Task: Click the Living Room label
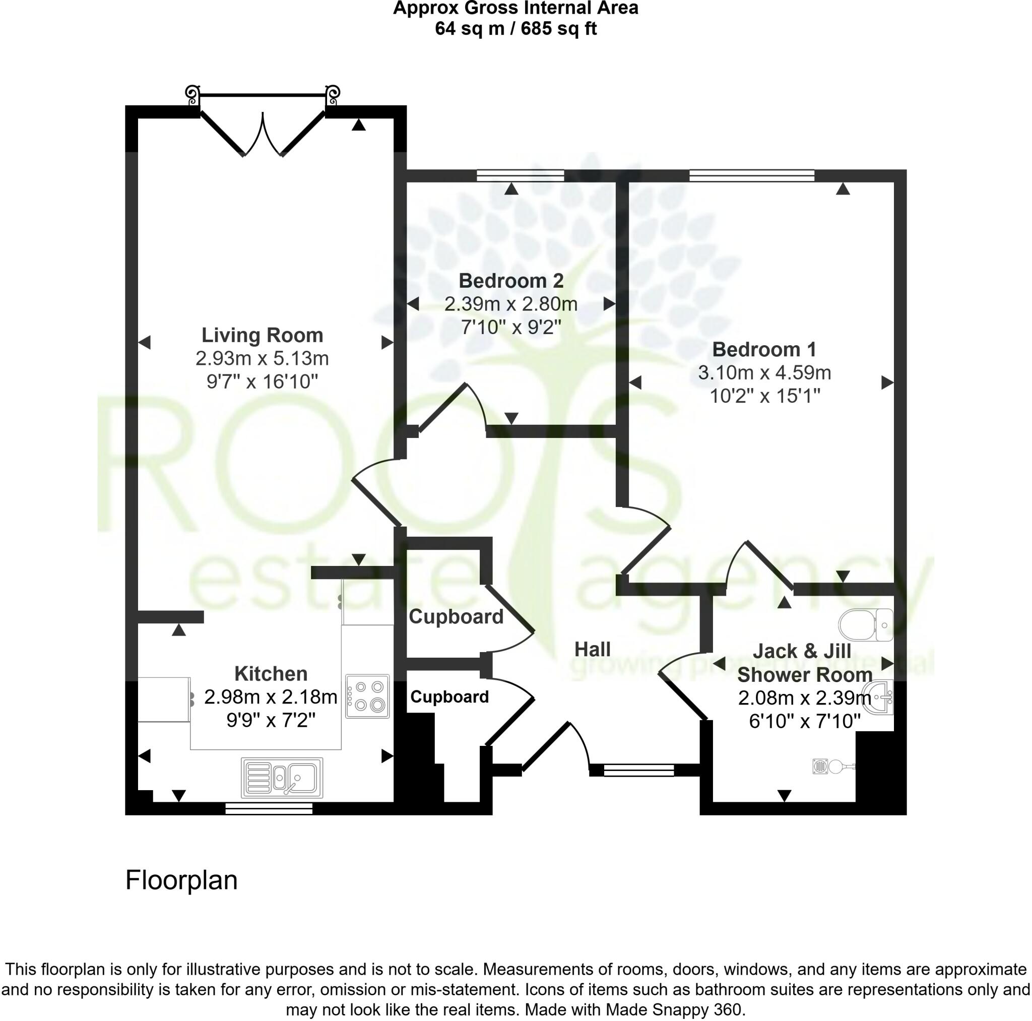pyautogui.click(x=262, y=335)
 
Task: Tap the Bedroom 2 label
pyautogui.click(x=510, y=281)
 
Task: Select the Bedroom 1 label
pyautogui.click(x=764, y=349)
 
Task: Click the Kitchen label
pyautogui.click(x=271, y=674)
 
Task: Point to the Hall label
pyautogui.click(x=593, y=649)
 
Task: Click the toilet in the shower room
pyautogui.click(x=865, y=624)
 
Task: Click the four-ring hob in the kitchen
pyautogui.click(x=367, y=695)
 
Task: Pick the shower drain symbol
pyautogui.click(x=821, y=766)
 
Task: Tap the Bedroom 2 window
pyautogui.click(x=520, y=175)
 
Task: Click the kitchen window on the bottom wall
pyautogui.click(x=269, y=809)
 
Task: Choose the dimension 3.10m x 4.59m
pyautogui.click(x=764, y=372)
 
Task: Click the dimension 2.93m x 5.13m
pyautogui.click(x=262, y=358)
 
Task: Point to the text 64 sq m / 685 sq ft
pyautogui.click(x=515, y=28)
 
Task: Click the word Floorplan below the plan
pyautogui.click(x=181, y=880)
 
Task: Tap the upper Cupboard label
pyautogui.click(x=456, y=616)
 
